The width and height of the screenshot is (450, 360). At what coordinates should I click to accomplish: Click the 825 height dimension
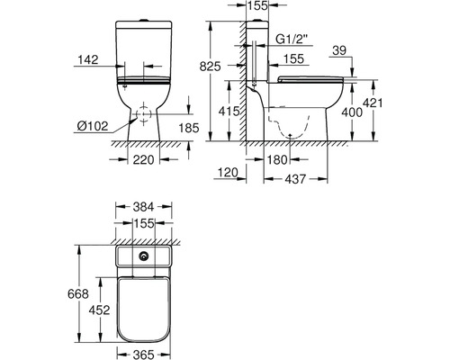pos(211,67)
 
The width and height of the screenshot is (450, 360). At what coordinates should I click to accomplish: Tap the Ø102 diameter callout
pos(93,126)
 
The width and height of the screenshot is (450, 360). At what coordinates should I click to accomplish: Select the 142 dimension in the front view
pos(88,59)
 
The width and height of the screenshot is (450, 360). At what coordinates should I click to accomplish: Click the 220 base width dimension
pos(143,160)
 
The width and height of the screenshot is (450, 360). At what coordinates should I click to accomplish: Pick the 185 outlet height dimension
pos(189,128)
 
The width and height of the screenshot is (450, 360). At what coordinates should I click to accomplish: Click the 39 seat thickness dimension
pos(339,50)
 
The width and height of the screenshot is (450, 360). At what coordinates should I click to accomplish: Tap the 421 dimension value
pos(373,103)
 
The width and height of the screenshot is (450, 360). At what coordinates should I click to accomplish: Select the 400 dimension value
pos(352,112)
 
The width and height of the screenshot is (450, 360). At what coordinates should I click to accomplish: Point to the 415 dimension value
pos(229,112)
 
